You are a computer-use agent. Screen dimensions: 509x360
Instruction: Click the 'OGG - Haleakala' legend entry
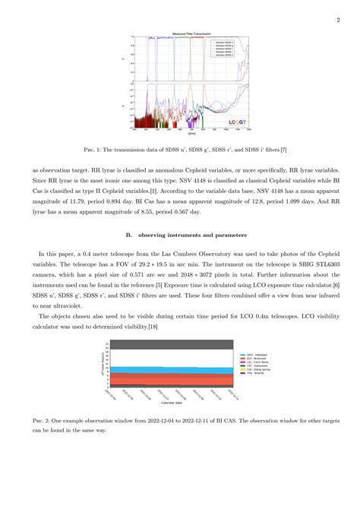point(254,355)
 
